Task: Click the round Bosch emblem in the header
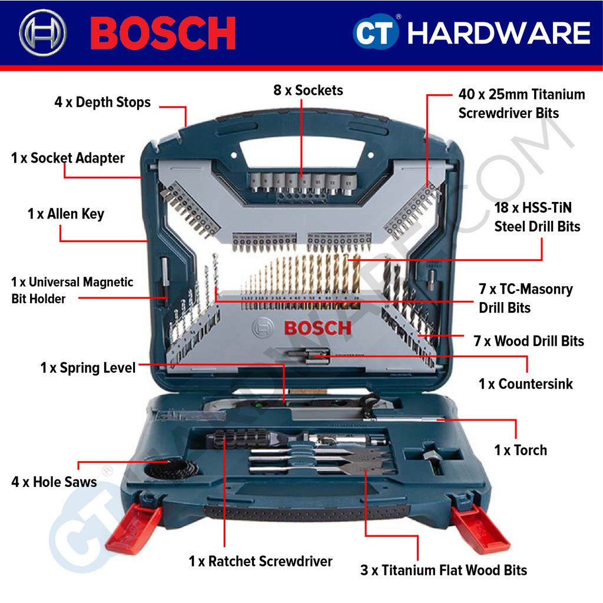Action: pos(43,32)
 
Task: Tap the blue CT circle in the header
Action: pos(376,33)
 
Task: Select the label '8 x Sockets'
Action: pos(308,90)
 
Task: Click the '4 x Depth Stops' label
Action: pos(102,102)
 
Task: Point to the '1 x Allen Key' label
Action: pos(66,214)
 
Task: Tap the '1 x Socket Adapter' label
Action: pos(68,158)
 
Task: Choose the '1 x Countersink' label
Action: pos(525,384)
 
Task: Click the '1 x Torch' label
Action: pos(521,450)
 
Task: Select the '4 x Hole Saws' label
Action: pos(54,482)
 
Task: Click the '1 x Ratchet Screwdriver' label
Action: pos(260,561)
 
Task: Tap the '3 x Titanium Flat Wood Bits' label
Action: pos(443,570)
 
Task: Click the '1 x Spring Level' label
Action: pos(88,368)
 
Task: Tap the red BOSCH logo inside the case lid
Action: pos(317,328)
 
